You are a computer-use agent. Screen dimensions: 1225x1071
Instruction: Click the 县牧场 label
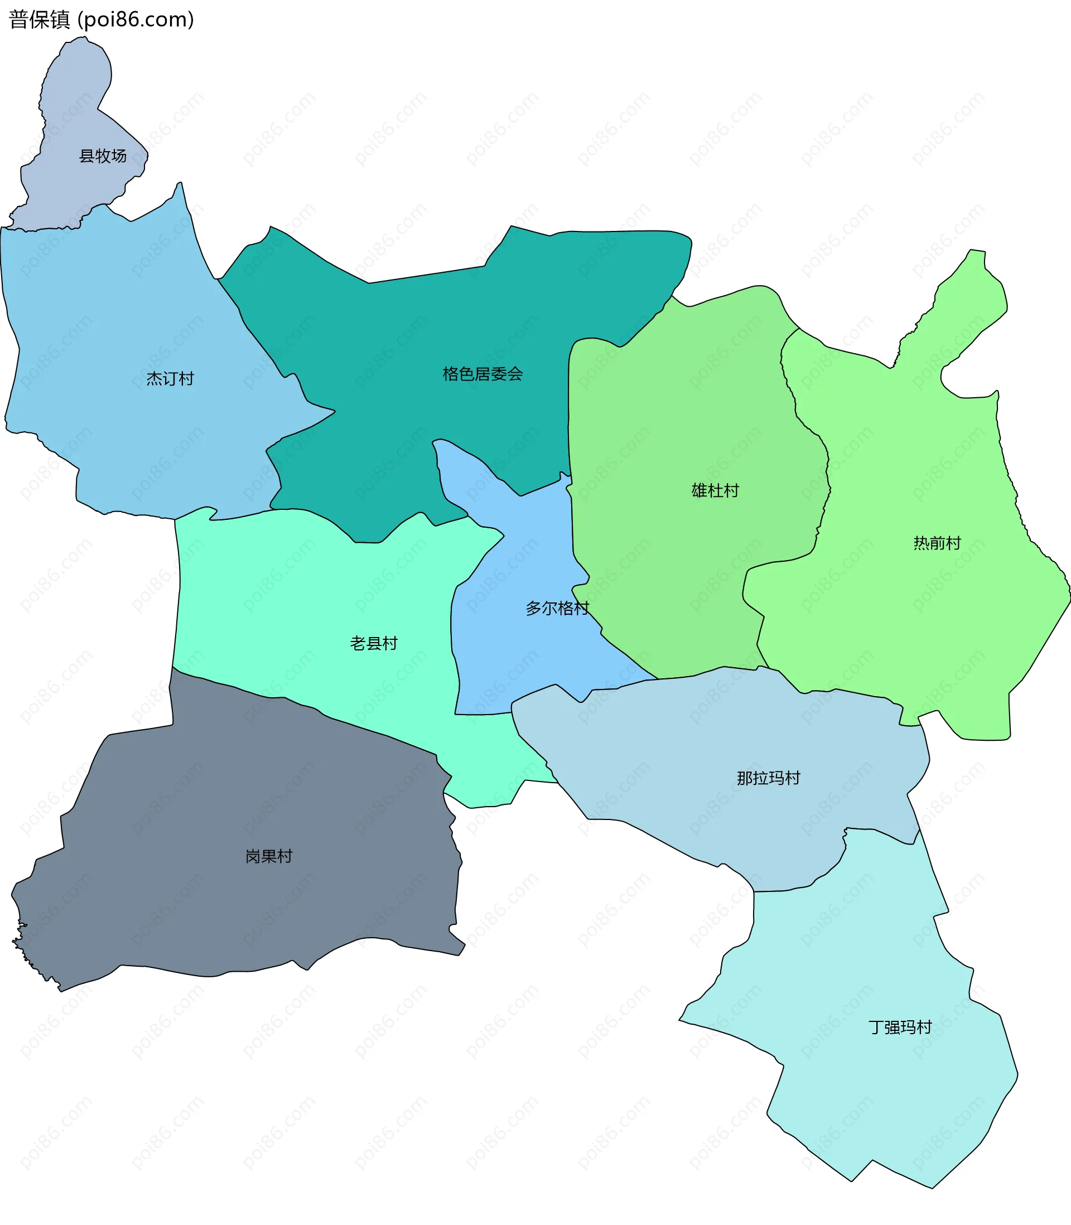coord(103,156)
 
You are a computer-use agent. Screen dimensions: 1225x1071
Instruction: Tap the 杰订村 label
coord(170,379)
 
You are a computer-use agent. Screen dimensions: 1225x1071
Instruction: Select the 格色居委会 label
coord(483,374)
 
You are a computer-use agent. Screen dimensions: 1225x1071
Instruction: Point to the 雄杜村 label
coord(715,490)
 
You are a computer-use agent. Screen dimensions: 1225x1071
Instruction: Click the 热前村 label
coord(937,543)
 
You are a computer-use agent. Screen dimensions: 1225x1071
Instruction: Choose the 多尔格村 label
coord(557,609)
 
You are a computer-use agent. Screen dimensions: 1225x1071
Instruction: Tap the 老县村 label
coord(374,644)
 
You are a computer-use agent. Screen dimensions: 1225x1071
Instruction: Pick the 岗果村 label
coord(269,856)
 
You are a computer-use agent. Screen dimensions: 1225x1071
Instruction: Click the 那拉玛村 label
coord(768,778)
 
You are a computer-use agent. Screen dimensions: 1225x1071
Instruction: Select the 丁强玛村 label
coord(900,1027)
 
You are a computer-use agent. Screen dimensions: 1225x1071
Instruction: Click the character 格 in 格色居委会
coord(451,374)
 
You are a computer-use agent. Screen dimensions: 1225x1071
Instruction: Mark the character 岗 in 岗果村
coord(253,856)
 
